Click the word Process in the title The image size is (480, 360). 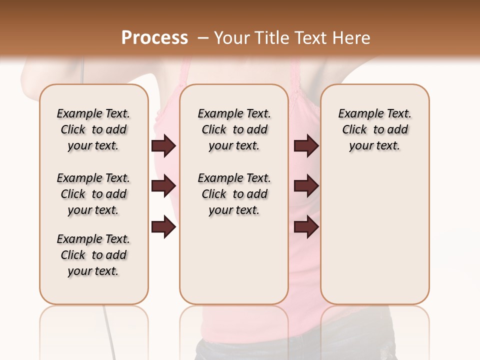click(x=154, y=37)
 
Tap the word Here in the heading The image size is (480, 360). click(x=352, y=38)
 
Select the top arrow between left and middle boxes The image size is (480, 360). click(x=163, y=146)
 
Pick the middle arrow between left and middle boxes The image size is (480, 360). click(x=163, y=186)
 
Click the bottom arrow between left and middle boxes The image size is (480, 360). click(x=163, y=227)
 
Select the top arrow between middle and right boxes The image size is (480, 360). click(x=306, y=146)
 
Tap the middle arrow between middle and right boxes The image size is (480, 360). click(x=306, y=186)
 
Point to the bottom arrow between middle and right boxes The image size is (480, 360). click(x=306, y=227)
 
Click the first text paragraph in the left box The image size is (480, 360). click(x=93, y=129)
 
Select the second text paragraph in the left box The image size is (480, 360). click(x=93, y=194)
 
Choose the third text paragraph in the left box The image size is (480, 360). click(x=93, y=255)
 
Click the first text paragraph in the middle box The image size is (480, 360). click(x=234, y=129)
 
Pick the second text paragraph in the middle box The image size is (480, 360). click(x=234, y=194)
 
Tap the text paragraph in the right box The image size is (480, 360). click(x=375, y=129)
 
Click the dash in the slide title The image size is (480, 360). click(x=203, y=38)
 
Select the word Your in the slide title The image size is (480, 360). click(x=231, y=38)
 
